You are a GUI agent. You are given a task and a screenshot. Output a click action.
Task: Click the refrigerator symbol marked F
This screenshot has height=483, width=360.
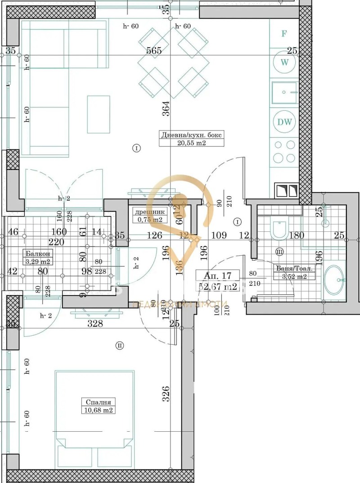(284, 34)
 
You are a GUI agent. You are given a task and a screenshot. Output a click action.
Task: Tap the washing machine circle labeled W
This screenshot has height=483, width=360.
(284, 62)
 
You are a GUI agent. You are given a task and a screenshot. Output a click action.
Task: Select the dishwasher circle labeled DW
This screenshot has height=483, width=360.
(284, 122)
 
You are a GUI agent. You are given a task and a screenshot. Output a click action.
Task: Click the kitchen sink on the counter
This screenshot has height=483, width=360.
(284, 93)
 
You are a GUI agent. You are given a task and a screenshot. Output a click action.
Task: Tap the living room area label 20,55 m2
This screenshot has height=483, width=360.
(192, 143)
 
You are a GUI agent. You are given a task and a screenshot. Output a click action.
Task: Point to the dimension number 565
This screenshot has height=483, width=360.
(154, 51)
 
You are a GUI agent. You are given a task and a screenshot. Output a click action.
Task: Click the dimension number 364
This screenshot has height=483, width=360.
(166, 109)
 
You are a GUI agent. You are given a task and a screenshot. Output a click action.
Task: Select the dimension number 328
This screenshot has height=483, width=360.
(95, 323)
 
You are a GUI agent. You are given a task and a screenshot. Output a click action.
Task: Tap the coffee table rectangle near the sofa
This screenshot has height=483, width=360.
(99, 114)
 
